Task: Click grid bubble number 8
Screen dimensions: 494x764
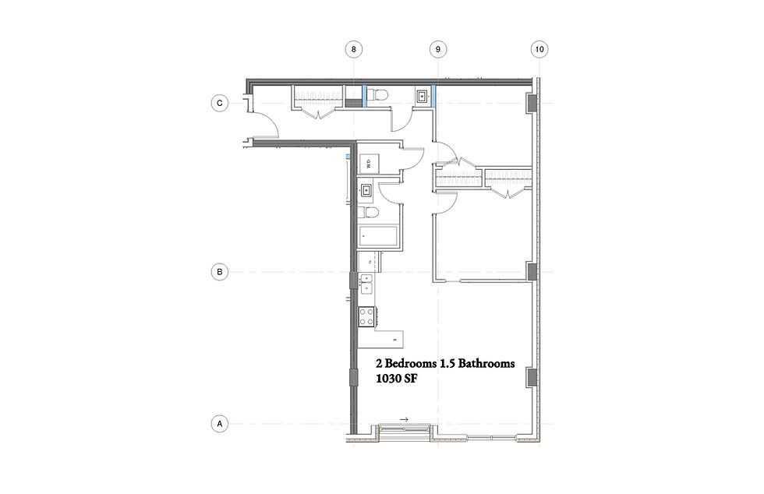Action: coord(354,49)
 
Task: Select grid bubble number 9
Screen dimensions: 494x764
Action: coord(438,49)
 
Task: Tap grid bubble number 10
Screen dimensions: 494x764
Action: coord(537,49)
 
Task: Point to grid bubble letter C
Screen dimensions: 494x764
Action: coord(221,103)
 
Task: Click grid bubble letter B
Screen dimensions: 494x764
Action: coord(221,272)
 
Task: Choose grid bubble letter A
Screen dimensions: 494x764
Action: coord(221,424)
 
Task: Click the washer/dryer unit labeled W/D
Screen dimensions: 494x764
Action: coord(369,164)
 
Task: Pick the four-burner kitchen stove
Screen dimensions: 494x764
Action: coord(366,316)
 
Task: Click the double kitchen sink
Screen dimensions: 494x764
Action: coord(366,283)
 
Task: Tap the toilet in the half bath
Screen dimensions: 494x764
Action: coord(377,96)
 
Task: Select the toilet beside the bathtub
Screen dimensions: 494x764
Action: coord(370,213)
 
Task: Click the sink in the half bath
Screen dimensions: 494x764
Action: coord(422,97)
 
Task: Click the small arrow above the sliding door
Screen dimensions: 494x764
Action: coord(404,419)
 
